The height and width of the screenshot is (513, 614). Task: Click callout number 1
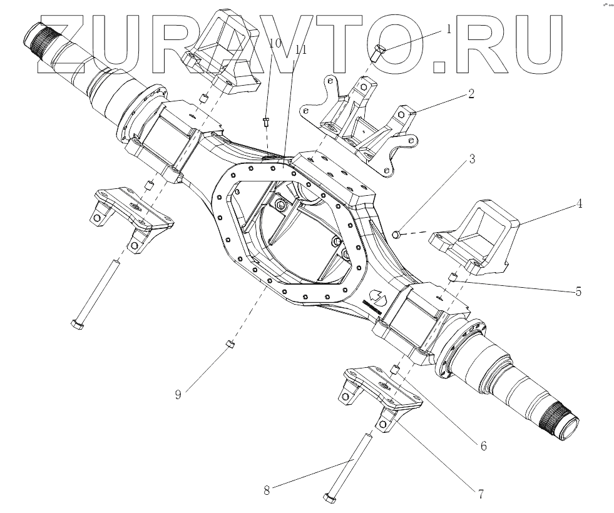[449, 29]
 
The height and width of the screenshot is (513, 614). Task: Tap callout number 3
[472, 159]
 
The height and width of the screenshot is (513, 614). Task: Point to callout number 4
[580, 203]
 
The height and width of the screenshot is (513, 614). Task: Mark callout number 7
[480, 494]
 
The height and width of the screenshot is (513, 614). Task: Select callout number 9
[178, 395]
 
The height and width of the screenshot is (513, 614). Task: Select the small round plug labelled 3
[396, 234]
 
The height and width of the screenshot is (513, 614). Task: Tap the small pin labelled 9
[230, 345]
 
